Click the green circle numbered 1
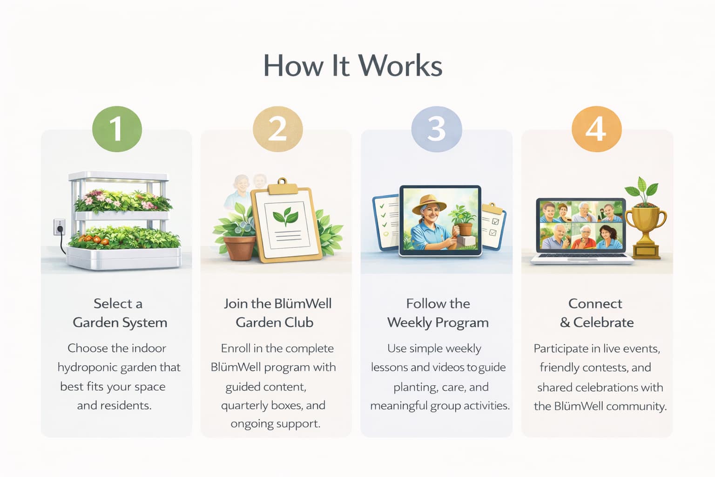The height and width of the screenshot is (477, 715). (117, 129)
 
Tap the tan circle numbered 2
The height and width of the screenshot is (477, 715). (277, 129)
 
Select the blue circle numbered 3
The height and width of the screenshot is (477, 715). (436, 129)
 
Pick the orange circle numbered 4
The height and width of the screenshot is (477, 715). (596, 129)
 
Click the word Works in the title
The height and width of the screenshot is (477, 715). (400, 66)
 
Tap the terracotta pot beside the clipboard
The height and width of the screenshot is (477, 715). (239, 247)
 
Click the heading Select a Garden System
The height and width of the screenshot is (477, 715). (119, 313)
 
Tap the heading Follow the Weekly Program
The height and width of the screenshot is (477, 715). (438, 313)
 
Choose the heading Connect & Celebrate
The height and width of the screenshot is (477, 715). (596, 313)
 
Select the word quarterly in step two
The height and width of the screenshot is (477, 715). (244, 406)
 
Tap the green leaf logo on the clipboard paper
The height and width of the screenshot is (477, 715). (285, 216)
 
